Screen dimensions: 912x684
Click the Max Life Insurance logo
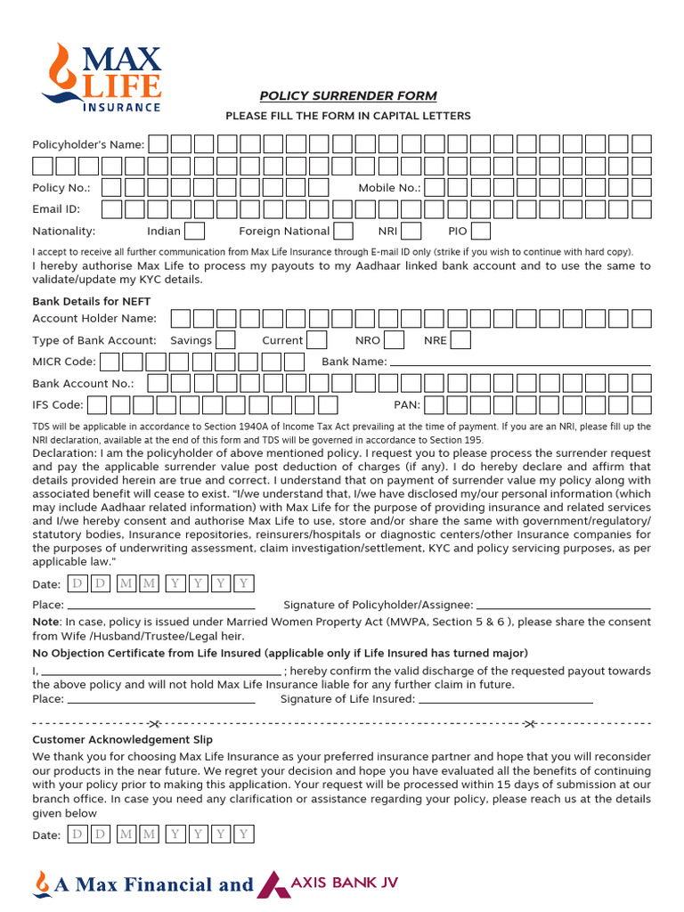[101, 77]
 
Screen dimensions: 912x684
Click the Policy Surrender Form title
[347, 96]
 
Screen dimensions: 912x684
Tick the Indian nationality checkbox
[194, 232]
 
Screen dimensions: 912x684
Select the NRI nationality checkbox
[411, 232]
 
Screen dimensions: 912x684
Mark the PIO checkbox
[481, 232]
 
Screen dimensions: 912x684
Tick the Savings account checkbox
[225, 340]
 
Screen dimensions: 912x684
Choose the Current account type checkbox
[317, 340]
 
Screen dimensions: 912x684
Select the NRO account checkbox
[394, 340]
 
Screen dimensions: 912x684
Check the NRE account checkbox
[460, 340]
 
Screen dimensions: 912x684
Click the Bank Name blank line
[520, 363]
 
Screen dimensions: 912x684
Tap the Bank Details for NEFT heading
[92, 302]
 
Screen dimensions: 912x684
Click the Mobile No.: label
[389, 188]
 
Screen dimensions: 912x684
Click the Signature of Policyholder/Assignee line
[563, 607]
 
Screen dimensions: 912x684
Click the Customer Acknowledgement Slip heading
[122, 740]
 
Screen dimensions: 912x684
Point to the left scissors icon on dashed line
[153, 721]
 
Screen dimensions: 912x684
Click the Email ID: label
[56, 209]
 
